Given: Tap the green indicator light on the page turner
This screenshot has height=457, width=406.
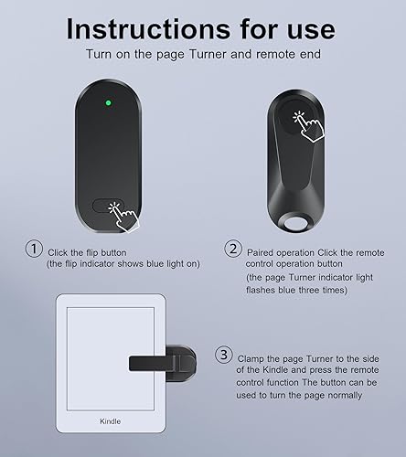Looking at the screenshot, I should click(x=109, y=103).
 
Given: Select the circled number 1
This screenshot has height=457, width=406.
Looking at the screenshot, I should click(x=34, y=250).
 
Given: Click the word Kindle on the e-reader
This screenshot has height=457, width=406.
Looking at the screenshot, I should click(x=111, y=423).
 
